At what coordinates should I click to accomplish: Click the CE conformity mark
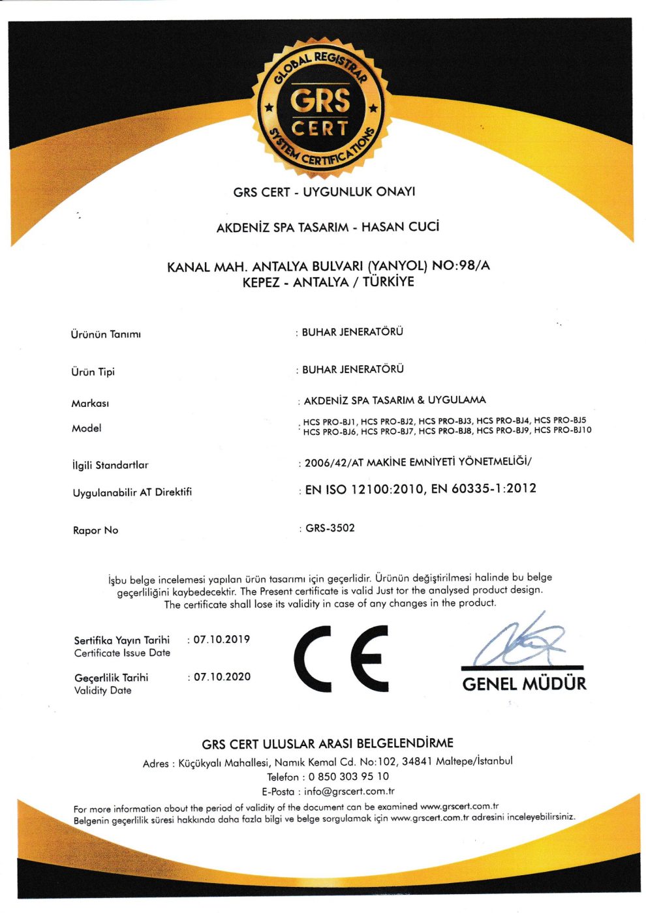(341, 659)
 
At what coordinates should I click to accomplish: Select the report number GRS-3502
(330, 528)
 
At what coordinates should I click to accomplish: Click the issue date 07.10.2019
(222, 640)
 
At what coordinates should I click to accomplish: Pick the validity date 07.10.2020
(222, 678)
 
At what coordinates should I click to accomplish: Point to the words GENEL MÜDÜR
(524, 684)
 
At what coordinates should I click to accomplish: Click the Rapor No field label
(95, 531)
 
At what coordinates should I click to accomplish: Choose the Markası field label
(90, 404)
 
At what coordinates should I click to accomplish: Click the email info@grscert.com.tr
(349, 792)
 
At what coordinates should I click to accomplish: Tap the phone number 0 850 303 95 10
(348, 777)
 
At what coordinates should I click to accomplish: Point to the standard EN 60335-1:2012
(484, 489)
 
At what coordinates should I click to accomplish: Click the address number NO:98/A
(461, 266)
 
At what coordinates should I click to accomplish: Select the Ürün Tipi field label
(93, 372)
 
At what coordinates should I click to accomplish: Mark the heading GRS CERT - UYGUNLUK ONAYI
(324, 192)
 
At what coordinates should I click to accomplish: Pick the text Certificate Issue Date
(122, 653)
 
